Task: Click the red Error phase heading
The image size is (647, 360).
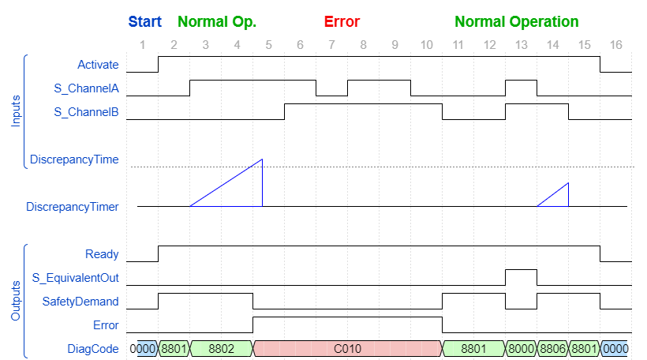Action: pos(342,22)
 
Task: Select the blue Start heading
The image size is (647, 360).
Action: pos(144,22)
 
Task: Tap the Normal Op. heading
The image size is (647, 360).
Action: pos(217,22)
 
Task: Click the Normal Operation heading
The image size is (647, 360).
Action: pos(516,22)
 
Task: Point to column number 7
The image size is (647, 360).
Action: pos(331,45)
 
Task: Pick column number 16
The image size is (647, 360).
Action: pos(615,45)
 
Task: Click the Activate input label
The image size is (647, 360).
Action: pos(98,65)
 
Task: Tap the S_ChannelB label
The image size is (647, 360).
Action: pos(86,112)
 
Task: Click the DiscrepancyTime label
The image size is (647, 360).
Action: pos(74,159)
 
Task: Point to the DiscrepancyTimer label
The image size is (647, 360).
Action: pos(72,207)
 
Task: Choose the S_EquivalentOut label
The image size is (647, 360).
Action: pos(75,278)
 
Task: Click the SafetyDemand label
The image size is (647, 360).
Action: pos(80,302)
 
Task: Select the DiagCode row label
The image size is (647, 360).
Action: pos(94,348)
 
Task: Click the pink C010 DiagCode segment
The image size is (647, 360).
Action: pos(347,348)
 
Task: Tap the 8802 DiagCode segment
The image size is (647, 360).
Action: pos(221,348)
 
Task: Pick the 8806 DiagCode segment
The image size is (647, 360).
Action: pos(552,348)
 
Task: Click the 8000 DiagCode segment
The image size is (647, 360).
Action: pos(521,348)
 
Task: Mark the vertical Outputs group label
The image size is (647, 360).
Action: pos(15,300)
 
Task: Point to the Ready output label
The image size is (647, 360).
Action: pos(102,254)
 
